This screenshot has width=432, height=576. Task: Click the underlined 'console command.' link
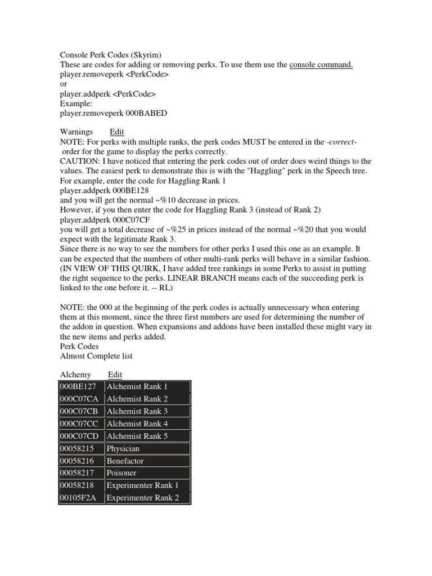[321, 65]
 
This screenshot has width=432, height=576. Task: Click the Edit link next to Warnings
[117, 132]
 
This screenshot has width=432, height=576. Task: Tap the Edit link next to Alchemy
[115, 375]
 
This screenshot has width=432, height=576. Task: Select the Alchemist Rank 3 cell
[148, 411]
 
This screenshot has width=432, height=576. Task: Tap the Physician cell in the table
[148, 448]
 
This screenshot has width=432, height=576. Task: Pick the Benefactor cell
[148, 461]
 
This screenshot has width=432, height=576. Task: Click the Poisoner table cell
[148, 473]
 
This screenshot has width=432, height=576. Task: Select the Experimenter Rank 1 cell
[148, 485]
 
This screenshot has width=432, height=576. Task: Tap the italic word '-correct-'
[341, 142]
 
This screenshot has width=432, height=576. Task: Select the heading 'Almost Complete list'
[96, 356]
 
